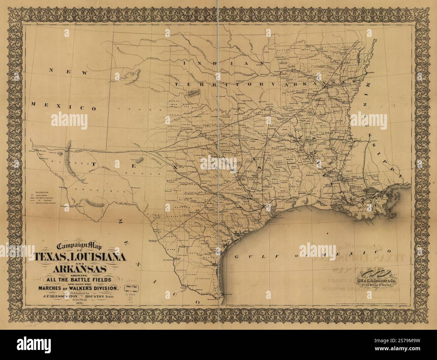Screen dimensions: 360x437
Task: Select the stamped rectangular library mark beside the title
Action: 132,287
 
